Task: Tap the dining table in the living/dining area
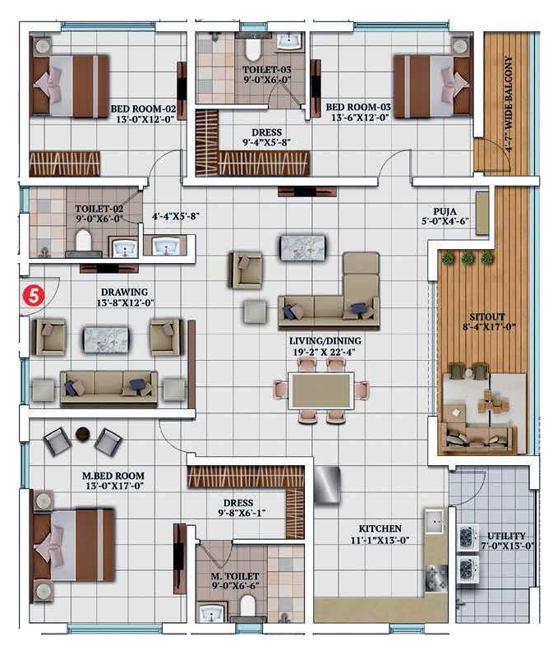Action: click(x=321, y=391)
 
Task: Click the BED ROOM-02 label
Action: click(x=143, y=108)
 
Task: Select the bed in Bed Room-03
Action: click(x=433, y=85)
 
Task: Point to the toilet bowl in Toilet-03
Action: click(x=252, y=48)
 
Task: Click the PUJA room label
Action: click(x=445, y=211)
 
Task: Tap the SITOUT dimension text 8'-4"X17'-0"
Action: click(x=489, y=327)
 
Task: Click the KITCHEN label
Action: click(x=380, y=529)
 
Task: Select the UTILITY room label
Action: click(x=506, y=536)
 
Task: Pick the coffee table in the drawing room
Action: click(x=106, y=340)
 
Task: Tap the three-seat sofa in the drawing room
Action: click(x=109, y=388)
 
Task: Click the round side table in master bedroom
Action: click(x=83, y=434)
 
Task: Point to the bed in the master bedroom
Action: click(x=73, y=545)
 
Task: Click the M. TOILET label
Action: click(x=235, y=576)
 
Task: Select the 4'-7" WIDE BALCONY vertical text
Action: click(x=509, y=104)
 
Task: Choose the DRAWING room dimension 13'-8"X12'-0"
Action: click(x=125, y=303)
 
